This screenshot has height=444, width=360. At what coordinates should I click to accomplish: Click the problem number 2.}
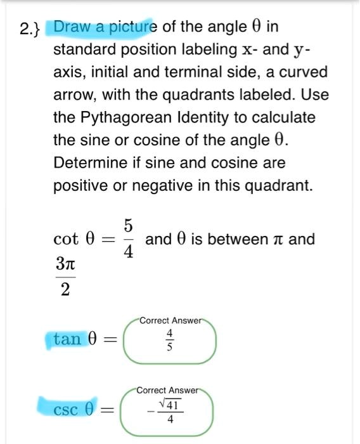tap(30, 28)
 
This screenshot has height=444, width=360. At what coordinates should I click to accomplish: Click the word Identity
tap(190, 117)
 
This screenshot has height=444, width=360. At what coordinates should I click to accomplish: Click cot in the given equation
tap(67, 240)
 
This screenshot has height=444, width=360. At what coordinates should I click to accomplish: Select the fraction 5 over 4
tap(128, 239)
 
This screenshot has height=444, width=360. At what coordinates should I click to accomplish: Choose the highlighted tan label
tap(68, 339)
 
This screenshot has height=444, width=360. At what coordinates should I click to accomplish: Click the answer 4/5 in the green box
tap(169, 341)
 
